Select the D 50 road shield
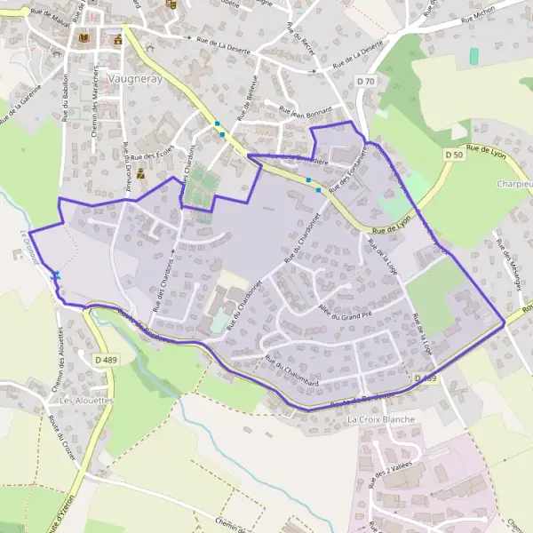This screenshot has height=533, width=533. [454, 155]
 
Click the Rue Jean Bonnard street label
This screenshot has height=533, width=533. [305, 111]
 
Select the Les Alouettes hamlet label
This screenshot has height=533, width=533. [88, 400]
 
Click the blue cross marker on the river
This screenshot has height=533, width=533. [56, 275]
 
